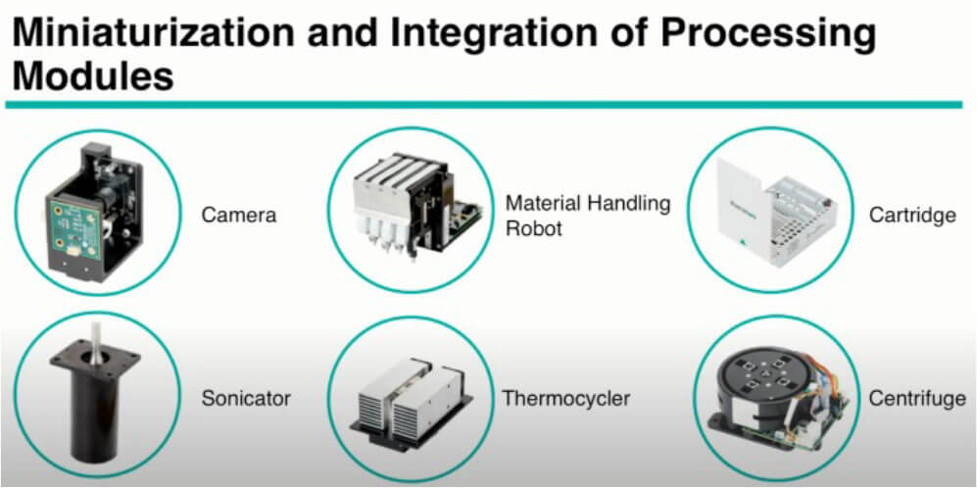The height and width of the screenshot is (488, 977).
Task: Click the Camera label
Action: point(239,216)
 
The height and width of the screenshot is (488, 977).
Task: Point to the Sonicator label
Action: point(246,398)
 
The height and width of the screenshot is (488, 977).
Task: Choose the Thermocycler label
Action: point(565,398)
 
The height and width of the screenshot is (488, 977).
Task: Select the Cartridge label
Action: point(913,216)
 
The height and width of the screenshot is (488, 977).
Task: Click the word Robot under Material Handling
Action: point(534,228)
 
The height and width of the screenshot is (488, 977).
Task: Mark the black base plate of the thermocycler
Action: point(411,422)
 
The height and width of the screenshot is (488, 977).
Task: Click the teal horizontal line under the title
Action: point(483,105)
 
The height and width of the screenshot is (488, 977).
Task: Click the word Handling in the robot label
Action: point(628,205)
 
